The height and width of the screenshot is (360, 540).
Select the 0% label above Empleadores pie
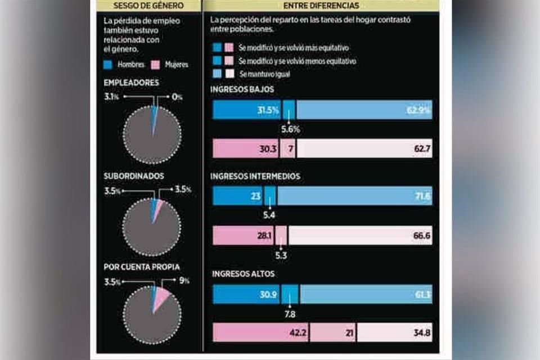[177, 97]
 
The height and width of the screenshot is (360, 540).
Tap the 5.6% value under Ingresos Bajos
[290, 129]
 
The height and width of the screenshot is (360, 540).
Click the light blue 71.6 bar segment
[354, 196]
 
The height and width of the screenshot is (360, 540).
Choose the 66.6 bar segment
[360, 236]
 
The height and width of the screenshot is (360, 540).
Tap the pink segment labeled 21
[332, 333]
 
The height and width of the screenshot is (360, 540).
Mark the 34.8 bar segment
[394, 333]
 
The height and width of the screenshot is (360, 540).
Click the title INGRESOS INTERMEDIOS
[255, 176]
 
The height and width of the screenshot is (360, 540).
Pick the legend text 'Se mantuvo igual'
[264, 74]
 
